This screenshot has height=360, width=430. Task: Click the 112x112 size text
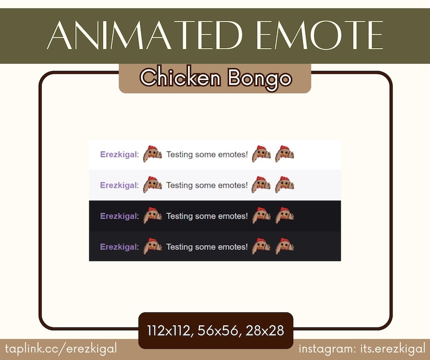[168, 330]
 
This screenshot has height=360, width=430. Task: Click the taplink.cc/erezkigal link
[61, 348]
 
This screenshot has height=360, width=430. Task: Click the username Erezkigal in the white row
[119, 155]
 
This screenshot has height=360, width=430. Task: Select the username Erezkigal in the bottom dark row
[119, 247]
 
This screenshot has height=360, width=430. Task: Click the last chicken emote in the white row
[284, 154]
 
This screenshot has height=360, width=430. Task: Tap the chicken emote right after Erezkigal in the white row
[153, 154]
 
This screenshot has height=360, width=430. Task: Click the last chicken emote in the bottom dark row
[284, 246]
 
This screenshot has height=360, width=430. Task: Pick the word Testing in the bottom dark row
[179, 247]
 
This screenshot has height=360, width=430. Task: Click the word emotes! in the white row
[232, 155]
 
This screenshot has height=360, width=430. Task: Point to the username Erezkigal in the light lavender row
[119, 186]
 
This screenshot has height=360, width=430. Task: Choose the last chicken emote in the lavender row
[284, 185]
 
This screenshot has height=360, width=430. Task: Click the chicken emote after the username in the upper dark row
[153, 215]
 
